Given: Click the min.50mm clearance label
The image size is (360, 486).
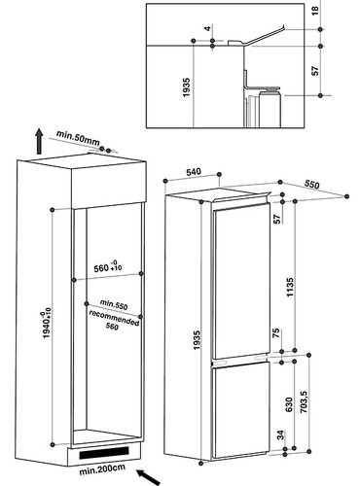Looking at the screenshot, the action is coord(78,138).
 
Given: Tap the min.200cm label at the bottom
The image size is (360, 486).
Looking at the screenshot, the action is coord(102,469).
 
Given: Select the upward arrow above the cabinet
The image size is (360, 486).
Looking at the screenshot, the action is coord(39,141).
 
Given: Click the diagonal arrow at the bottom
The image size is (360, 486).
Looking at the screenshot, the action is coord(149,477).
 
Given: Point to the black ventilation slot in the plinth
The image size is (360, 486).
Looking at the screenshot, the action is coord(104,453).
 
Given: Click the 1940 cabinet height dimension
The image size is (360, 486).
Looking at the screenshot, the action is coord(47,323).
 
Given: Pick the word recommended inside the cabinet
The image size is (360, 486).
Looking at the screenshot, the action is coord(114,318).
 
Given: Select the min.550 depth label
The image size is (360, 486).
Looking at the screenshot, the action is coord(114,304).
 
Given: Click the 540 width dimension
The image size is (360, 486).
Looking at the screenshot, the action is coord(194,171).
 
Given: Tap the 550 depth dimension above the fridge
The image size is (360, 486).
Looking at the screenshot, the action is coord(312,184).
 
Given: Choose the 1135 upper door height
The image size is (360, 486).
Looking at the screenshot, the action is coord(290,287).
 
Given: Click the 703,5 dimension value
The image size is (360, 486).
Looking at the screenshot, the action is coord(304,401).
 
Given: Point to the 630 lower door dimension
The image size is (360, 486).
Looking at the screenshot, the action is coord(289,404).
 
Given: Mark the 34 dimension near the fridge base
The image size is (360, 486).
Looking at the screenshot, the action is coord(281,434).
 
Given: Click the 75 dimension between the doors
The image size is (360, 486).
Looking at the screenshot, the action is coord(275,333).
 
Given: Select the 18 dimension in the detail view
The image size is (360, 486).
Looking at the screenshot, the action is coord(315,11).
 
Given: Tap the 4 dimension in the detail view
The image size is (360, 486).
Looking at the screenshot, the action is coord(207,28).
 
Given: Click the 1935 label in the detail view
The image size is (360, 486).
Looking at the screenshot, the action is coord(186,87).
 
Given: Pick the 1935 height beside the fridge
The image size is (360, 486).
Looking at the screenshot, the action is coord(197,340).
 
